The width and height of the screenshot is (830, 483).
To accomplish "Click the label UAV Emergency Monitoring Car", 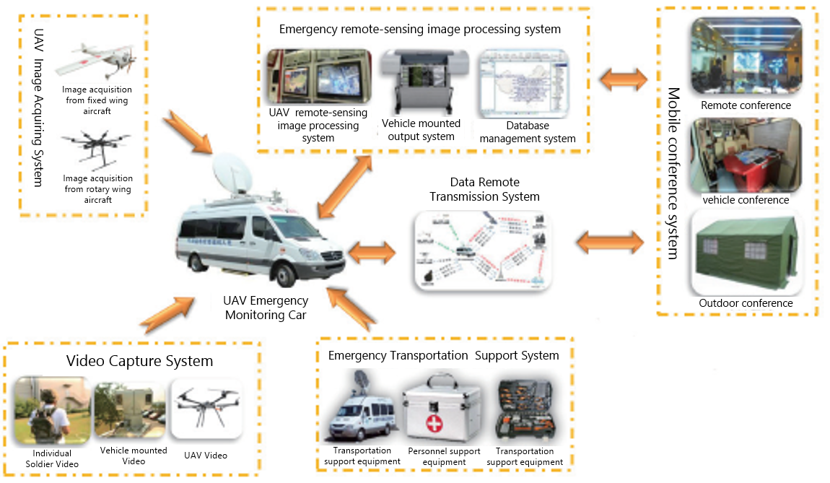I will pos(266,308).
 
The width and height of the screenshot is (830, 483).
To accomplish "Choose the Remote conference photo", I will pos(746,56).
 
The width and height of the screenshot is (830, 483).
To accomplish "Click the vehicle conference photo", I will pos(746,156).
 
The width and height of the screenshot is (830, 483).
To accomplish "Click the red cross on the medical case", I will pos(434,423).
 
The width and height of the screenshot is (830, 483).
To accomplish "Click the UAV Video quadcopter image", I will pos(205,409).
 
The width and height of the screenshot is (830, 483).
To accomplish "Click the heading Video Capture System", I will pos(139,360).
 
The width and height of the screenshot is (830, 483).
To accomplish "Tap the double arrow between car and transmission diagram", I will pos(372,253).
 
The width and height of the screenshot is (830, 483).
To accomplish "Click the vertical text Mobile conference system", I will pos(673,173).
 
